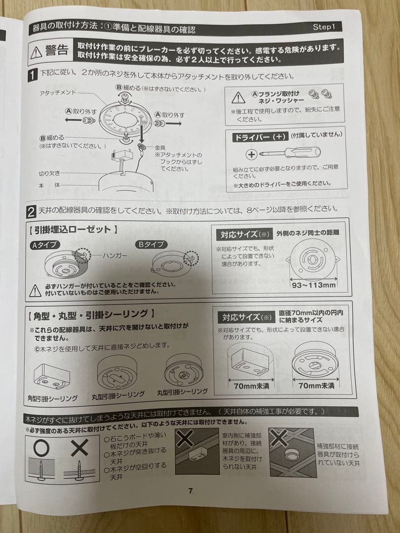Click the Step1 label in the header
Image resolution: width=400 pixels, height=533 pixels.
[x=324, y=27]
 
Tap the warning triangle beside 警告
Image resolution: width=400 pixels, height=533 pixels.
[x=36, y=53]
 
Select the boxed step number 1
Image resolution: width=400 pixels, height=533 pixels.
[x=32, y=75]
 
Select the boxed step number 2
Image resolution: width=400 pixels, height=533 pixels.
[x=31, y=212]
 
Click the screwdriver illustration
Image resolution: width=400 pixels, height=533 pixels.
[x=290, y=152]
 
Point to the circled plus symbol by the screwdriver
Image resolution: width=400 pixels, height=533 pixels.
[x=251, y=155]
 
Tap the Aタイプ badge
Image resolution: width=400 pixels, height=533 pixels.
[x=44, y=245]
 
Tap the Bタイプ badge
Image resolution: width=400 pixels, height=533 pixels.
[x=151, y=244]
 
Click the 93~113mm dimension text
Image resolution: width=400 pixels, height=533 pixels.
[x=314, y=285]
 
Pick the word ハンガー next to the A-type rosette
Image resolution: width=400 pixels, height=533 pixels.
[x=115, y=255]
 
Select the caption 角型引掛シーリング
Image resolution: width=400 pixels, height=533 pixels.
[x=53, y=398]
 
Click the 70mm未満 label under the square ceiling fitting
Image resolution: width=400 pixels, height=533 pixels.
[x=251, y=386]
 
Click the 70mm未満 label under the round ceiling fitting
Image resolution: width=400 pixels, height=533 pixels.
[x=317, y=385]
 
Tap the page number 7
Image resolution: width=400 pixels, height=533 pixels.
[x=191, y=491]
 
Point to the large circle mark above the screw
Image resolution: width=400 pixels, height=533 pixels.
[x=41, y=448]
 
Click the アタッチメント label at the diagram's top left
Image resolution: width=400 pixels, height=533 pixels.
[x=58, y=92]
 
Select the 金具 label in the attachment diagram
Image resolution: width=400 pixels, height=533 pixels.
[x=160, y=148]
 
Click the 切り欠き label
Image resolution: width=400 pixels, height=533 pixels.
[x=49, y=173]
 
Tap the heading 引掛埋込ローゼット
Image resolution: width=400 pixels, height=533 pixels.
[x=73, y=230]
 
